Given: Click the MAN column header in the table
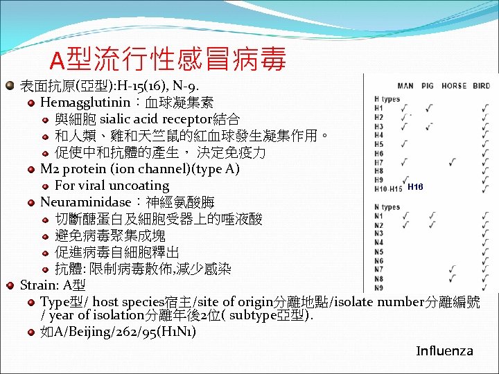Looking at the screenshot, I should click(x=405, y=87).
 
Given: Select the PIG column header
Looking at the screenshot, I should click(x=427, y=87).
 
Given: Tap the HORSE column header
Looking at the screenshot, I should click(x=454, y=87).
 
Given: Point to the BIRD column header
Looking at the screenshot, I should click(x=481, y=87).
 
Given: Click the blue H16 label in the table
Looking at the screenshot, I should click(x=415, y=187).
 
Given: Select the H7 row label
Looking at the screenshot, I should click(x=378, y=162).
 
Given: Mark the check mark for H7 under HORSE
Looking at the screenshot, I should click(x=453, y=162).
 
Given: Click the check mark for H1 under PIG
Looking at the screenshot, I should click(x=429, y=108).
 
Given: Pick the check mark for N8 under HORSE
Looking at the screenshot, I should click(x=453, y=278).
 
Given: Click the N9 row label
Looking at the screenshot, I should click(x=378, y=287).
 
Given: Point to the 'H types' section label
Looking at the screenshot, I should click(x=387, y=99).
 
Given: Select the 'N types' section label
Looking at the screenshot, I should click(x=387, y=207).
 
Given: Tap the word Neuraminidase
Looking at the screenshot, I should click(x=85, y=202).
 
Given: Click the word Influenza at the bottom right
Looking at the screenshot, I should click(x=444, y=350).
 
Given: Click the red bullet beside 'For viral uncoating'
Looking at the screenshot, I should click(x=45, y=186).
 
